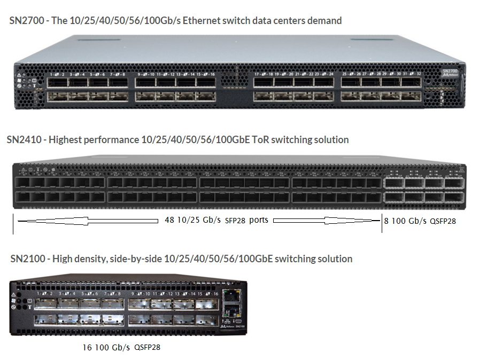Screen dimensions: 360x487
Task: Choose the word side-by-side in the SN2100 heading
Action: pos(136,259)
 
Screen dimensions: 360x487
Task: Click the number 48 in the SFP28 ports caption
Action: pos(170,220)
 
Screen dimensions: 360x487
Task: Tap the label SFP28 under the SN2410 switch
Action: pos(235,221)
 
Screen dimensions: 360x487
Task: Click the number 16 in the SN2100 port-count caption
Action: pos(87,347)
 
